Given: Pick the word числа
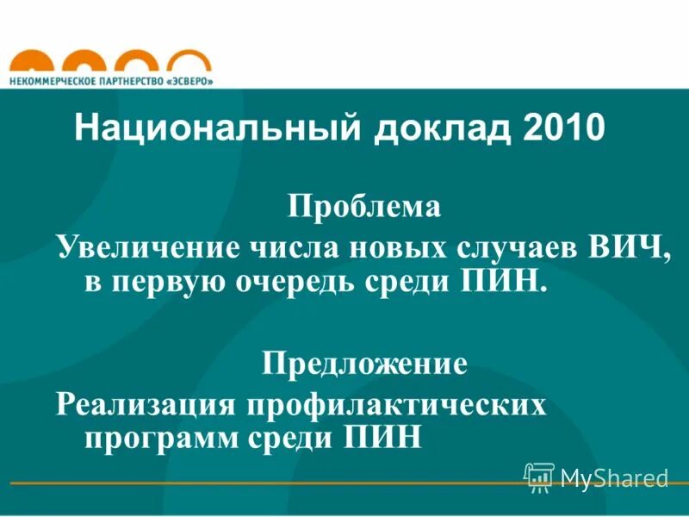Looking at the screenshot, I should [294, 247].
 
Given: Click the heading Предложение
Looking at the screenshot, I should [364, 363].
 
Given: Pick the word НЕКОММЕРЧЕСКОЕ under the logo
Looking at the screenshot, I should [50, 80].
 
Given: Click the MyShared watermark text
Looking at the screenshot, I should [614, 477].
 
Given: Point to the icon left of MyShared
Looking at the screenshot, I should [539, 477].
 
